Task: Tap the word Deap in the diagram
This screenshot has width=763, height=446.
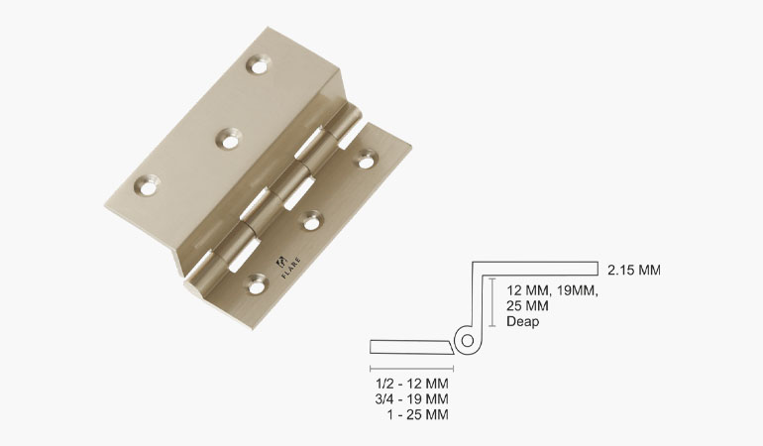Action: [523, 322]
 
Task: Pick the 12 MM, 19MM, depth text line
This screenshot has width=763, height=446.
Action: [553, 290]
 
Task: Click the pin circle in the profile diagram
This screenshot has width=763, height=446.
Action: [465, 341]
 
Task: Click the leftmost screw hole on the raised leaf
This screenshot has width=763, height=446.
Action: [148, 183]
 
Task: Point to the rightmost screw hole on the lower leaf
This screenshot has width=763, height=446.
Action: [368, 156]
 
